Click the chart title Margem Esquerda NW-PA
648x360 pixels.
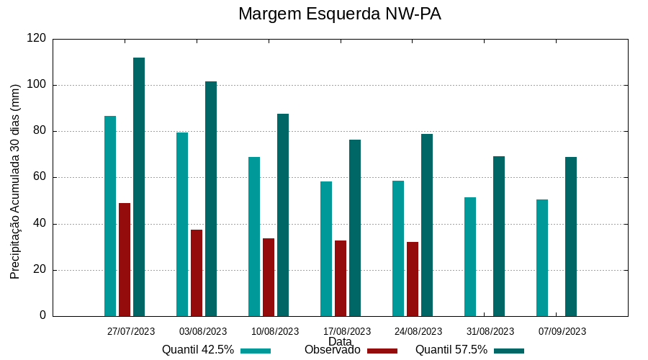(339, 14)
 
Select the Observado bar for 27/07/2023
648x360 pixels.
(125, 259)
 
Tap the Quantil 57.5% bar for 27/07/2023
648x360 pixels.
(139, 187)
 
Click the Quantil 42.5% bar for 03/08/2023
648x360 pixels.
(182, 224)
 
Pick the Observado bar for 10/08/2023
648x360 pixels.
(269, 277)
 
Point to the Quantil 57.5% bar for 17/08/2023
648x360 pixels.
(355, 228)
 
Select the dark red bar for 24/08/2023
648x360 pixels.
(413, 279)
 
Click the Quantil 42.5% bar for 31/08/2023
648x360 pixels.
(470, 256)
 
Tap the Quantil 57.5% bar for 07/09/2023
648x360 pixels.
(571, 236)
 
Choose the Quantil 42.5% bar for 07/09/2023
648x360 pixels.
(542, 258)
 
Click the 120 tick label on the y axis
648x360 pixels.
(37, 39)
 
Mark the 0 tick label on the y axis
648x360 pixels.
(42, 316)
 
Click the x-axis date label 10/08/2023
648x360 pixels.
(274, 332)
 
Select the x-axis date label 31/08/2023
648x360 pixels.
(490, 332)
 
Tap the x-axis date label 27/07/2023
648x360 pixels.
(131, 332)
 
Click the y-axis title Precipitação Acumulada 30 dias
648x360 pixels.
(15, 181)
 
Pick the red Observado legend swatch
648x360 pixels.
(382, 351)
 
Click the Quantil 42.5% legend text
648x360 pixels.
(198, 350)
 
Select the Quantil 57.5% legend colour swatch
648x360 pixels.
(509, 351)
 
